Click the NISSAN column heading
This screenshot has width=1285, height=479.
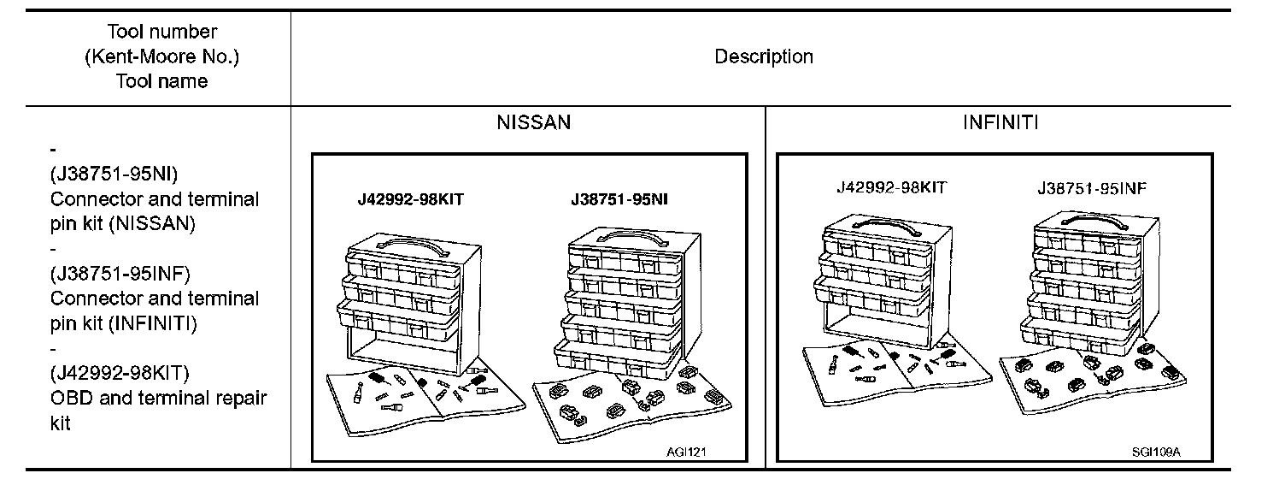[533, 122]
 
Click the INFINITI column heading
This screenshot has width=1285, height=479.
[1000, 122]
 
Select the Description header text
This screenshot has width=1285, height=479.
[763, 56]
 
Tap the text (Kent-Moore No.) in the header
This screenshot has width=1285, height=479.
[162, 56]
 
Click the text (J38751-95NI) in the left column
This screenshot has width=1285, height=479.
[114, 174]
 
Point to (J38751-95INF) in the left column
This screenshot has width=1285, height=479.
[120, 274]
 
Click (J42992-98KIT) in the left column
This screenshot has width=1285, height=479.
[120, 373]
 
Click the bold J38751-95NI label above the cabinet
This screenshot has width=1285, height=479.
[619, 200]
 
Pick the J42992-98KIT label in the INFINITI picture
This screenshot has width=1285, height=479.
[891, 188]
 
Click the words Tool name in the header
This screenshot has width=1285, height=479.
[162, 81]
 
